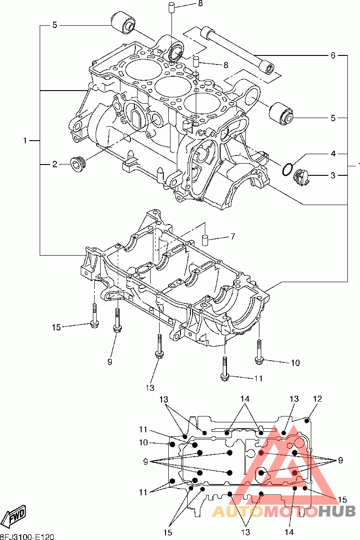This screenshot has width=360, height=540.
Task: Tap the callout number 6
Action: tap(333, 55)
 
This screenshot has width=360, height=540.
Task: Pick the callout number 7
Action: tap(233, 236)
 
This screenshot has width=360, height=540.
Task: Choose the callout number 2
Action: tap(55, 165)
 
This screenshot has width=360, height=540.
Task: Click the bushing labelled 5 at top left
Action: tap(124, 21)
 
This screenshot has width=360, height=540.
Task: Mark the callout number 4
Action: tap(333, 154)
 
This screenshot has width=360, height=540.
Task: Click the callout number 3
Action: tap(333, 175)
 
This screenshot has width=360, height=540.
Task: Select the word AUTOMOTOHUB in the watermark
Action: tap(284, 511)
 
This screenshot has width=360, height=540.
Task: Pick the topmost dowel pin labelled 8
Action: tap(171, 7)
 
